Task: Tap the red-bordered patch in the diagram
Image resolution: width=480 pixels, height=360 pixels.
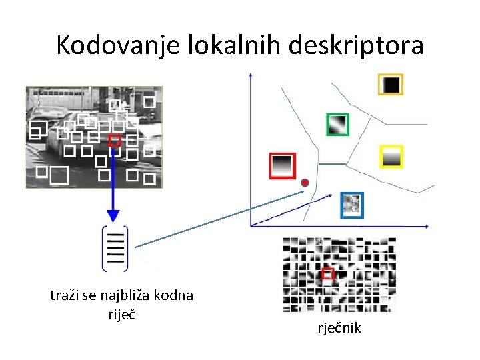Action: [282, 165]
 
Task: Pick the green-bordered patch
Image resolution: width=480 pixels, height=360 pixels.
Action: [337, 124]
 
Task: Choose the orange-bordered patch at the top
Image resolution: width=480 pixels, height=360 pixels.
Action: [391, 84]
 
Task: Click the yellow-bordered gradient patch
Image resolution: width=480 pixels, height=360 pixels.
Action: [391, 157]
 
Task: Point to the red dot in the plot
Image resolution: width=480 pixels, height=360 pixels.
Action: [305, 183]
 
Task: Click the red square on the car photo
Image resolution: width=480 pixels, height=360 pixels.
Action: [115, 141]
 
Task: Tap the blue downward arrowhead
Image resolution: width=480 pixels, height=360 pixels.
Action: [113, 215]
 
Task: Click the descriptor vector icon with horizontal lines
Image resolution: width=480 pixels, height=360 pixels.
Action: [115, 248]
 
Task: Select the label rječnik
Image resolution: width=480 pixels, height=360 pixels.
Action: [340, 328]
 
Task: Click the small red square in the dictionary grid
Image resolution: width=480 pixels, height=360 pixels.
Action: [327, 274]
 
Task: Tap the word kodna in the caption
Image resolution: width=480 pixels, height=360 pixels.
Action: [175, 295]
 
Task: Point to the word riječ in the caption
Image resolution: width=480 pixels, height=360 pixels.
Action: [121, 313]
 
